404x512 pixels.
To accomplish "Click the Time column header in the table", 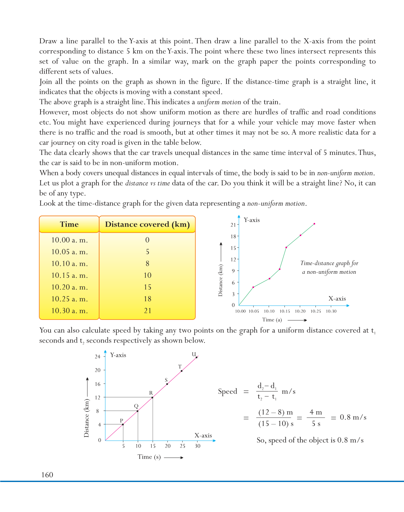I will click(x=69, y=224).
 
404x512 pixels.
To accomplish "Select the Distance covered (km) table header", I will click(x=147, y=224).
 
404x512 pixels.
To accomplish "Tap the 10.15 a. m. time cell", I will click(x=70, y=275).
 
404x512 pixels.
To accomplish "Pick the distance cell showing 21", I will click(x=148, y=311).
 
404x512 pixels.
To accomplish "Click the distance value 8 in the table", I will click(x=148, y=264).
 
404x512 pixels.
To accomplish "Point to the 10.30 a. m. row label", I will click(x=70, y=311).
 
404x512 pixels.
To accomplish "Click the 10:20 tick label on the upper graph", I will click(x=300, y=311).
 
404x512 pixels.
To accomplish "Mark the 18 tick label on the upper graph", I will click(x=233, y=236).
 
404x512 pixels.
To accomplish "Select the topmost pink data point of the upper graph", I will click(x=314, y=224).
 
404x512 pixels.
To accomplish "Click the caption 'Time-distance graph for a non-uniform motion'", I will click(x=329, y=267).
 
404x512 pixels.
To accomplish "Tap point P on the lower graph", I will click(x=123, y=424).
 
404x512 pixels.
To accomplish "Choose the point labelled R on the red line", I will click(x=152, y=397).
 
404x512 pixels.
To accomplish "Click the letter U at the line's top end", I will click(x=194, y=354).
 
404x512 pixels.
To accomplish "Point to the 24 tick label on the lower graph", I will click(x=98, y=357).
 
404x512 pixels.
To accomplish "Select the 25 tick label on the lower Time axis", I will click(x=182, y=446).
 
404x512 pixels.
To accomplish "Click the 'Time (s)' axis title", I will click(x=149, y=457).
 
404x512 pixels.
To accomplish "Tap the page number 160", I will click(x=47, y=475).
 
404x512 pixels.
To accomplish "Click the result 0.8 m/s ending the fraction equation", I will click(x=353, y=417).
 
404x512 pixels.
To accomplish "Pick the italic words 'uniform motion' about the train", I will click(x=219, y=102).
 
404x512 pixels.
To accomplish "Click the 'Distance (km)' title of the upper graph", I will click(x=220, y=280).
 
